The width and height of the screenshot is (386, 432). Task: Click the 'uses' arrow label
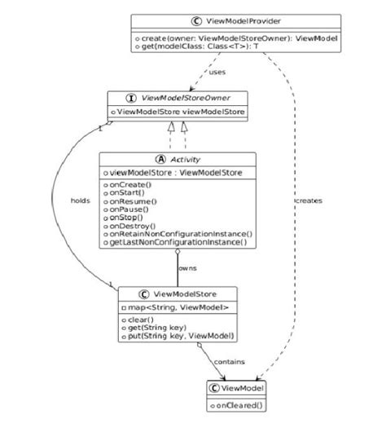tap(217, 72)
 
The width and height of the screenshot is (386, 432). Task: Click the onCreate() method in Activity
tap(122, 186)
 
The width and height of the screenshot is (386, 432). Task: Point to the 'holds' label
tap(80, 201)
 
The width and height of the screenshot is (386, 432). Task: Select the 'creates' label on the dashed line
tap(309, 200)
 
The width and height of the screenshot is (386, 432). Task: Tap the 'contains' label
tap(230, 360)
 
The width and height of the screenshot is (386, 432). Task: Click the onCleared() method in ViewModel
tap(240, 404)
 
